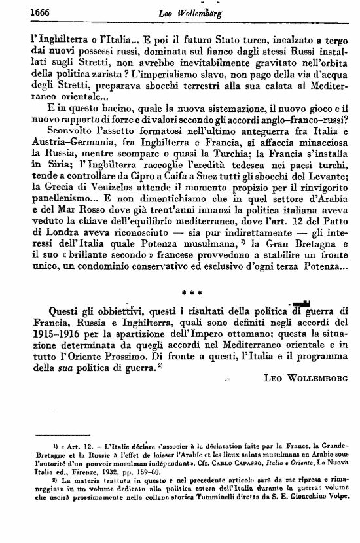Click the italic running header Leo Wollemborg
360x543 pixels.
tap(185, 12)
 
